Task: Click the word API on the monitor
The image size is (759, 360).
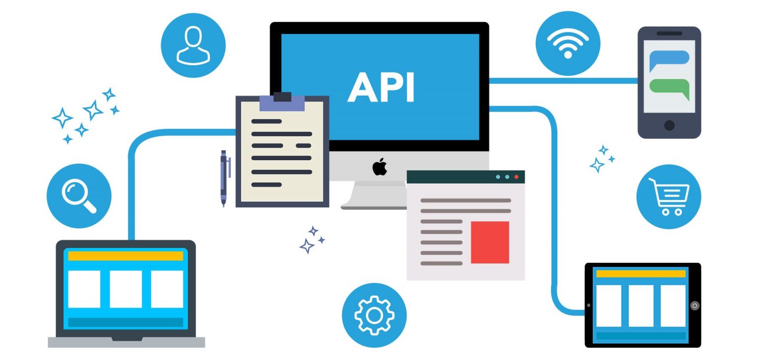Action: tap(380, 87)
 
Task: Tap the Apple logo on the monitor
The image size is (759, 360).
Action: tap(379, 166)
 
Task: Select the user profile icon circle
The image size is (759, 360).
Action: tap(193, 45)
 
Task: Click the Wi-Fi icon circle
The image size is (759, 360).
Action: tap(568, 43)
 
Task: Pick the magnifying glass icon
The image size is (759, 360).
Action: tap(79, 196)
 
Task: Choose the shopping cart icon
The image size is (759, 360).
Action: tap(669, 197)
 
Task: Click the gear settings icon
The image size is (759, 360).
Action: tap(374, 315)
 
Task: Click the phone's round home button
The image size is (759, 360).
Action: tap(669, 125)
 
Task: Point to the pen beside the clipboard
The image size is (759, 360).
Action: tap(224, 178)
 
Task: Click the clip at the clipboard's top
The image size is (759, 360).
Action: tap(282, 101)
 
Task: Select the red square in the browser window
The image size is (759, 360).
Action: tap(490, 242)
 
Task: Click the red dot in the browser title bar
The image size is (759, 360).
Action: tap(516, 177)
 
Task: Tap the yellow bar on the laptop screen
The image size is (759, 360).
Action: tap(126, 256)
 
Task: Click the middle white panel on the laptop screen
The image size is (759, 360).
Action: tap(126, 289)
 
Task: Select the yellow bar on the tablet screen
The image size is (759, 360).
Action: tap(640, 274)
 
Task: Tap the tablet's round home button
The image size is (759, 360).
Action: tap(694, 306)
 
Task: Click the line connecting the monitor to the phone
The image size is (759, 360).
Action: tap(563, 80)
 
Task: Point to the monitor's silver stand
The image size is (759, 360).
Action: tap(373, 195)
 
